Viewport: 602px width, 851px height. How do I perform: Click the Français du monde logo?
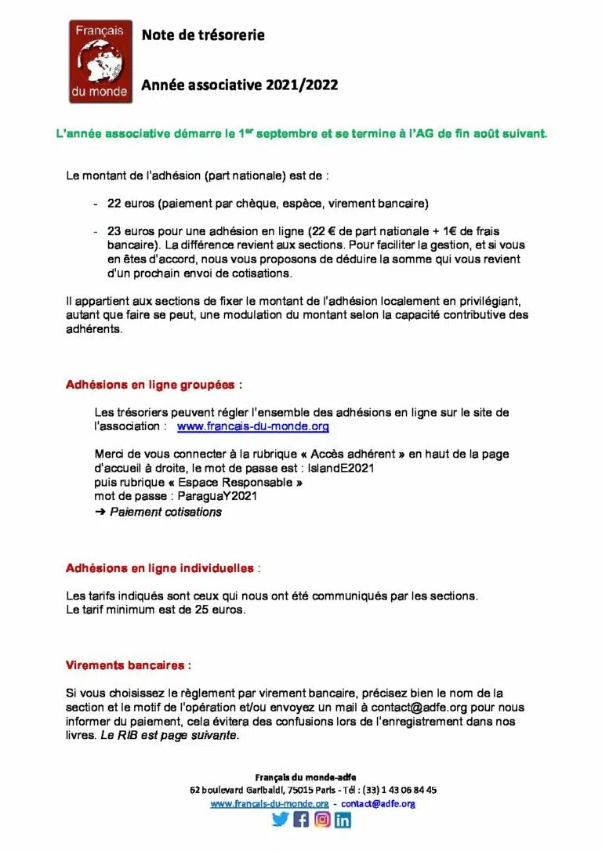(x=100, y=62)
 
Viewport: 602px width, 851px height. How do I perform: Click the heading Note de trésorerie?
(x=203, y=35)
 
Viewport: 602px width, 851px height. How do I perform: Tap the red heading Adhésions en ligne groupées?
(x=154, y=386)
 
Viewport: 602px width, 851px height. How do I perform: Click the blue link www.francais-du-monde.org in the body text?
(x=252, y=427)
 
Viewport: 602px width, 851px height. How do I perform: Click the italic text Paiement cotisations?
(x=165, y=512)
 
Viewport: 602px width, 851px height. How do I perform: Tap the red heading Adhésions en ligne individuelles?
(x=160, y=567)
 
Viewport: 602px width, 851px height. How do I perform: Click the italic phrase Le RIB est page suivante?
(x=169, y=736)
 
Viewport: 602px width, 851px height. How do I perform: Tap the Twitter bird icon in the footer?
(x=280, y=820)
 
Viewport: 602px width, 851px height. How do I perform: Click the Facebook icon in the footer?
(x=301, y=820)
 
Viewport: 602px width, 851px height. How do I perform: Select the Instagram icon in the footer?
(x=322, y=820)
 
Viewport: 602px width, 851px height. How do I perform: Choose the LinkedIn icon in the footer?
(x=343, y=820)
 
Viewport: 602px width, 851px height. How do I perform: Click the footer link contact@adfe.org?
(x=378, y=803)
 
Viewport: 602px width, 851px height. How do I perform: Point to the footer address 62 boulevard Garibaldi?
(x=246, y=790)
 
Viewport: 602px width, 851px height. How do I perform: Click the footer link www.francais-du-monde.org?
(x=270, y=803)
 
